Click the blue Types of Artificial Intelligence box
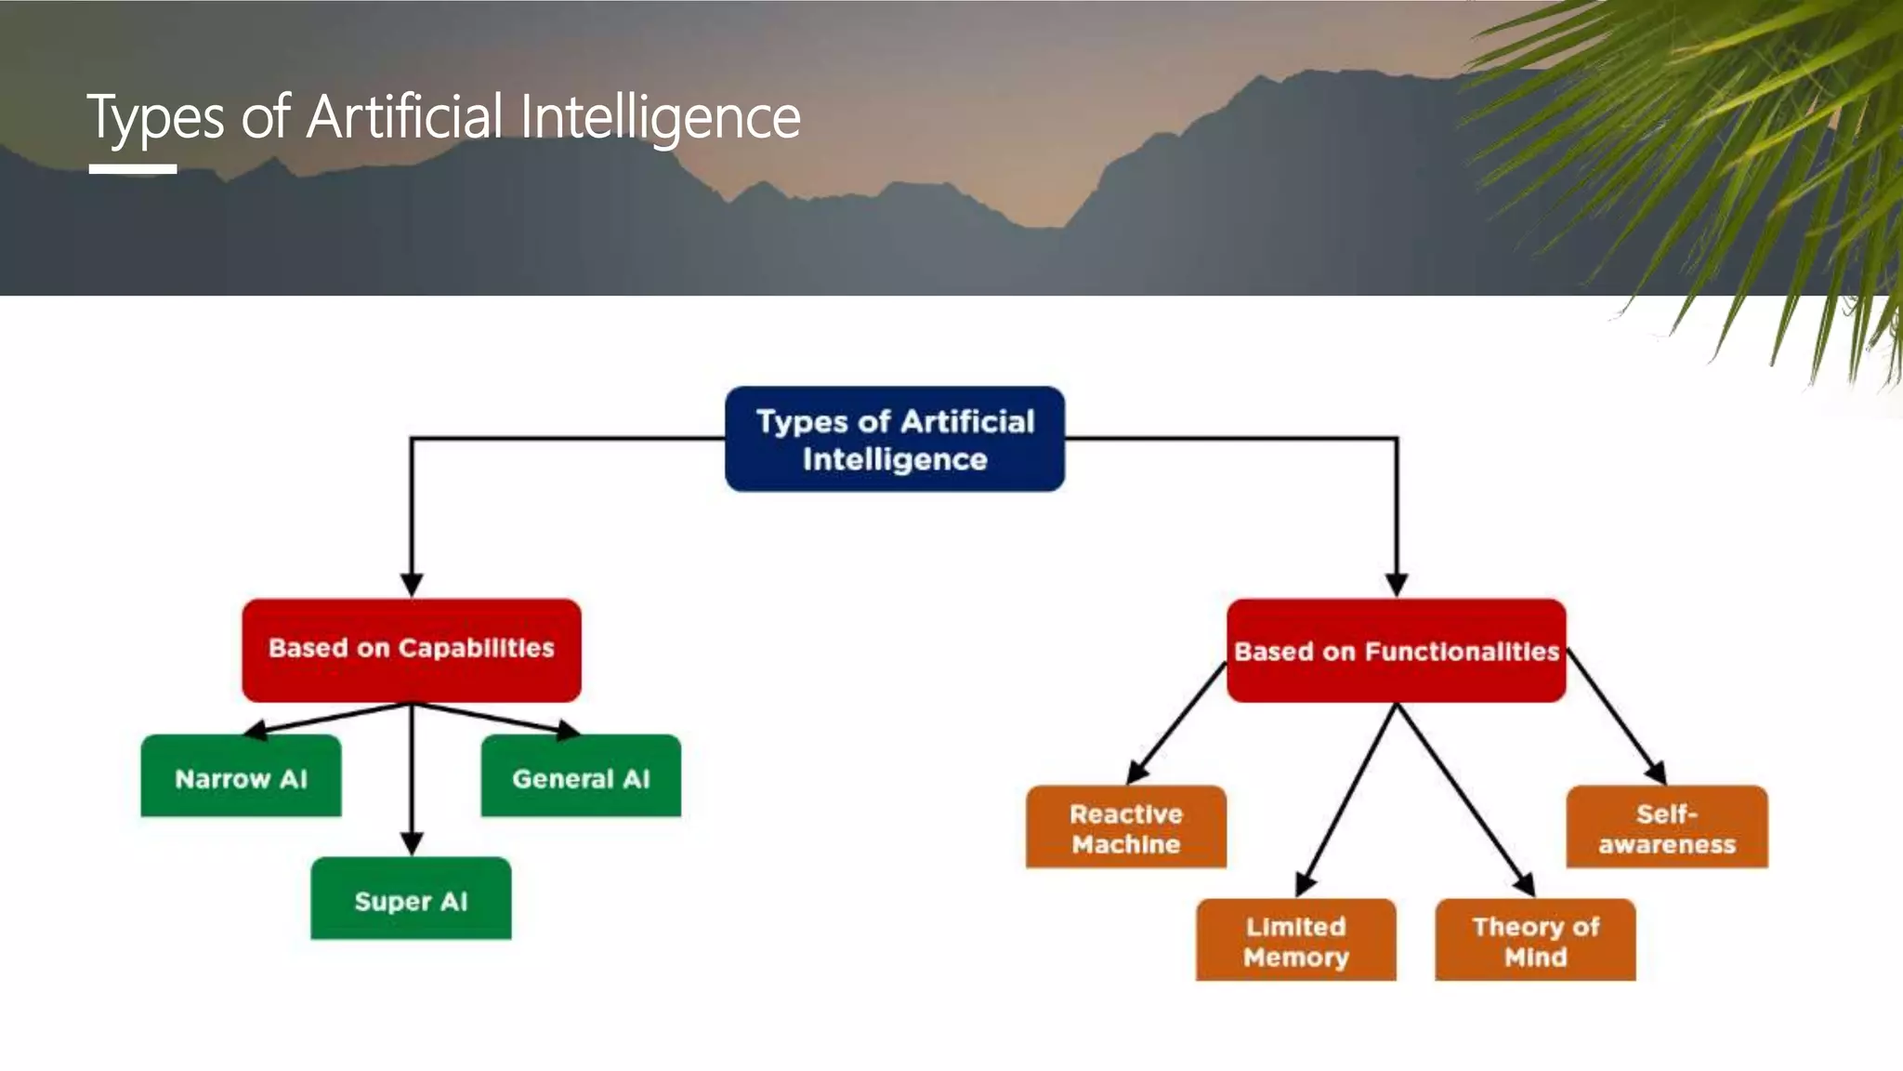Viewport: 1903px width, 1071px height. click(x=894, y=439)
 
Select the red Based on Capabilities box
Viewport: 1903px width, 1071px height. click(x=412, y=649)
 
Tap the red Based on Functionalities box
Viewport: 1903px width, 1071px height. click(x=1396, y=651)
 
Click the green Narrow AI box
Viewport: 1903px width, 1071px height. click(x=241, y=777)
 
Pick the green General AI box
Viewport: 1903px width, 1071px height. click(x=581, y=777)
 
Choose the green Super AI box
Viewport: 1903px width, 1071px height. click(x=411, y=899)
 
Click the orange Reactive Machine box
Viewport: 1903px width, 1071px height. click(x=1125, y=827)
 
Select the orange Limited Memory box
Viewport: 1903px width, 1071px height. click(x=1295, y=940)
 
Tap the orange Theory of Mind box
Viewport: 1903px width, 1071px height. click(x=1535, y=940)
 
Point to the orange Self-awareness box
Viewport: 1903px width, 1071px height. click(x=1667, y=827)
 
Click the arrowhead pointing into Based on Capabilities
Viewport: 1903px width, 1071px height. click(x=412, y=585)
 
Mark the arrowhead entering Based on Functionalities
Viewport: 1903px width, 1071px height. click(x=1396, y=585)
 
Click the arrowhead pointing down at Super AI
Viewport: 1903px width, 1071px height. click(x=412, y=843)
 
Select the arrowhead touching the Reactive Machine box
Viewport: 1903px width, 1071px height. click(x=1137, y=773)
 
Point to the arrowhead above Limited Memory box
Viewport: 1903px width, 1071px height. click(x=1306, y=883)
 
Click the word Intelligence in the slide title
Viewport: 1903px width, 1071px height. click(x=660, y=118)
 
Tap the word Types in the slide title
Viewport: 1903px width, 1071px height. click(x=155, y=118)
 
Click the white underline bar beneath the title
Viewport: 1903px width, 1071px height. click(x=132, y=169)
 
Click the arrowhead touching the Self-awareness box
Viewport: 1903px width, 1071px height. click(x=1656, y=773)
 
